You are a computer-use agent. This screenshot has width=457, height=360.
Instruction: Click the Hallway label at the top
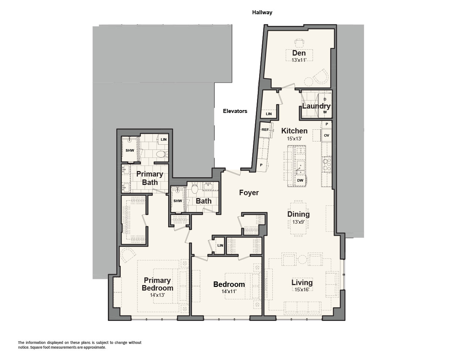pos(262,12)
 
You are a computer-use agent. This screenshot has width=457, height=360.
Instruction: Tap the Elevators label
pos(235,111)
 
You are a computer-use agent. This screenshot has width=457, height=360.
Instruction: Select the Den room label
pos(299,53)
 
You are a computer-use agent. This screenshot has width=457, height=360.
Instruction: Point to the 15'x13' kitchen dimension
pos(294,139)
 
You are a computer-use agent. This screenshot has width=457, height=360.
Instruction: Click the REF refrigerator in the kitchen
pos(265,129)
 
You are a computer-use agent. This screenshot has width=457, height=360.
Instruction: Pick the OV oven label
pos(326,135)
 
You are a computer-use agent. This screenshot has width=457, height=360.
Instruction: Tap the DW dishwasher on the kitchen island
pos(300,181)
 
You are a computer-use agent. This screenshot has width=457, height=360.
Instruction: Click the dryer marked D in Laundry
pos(325,99)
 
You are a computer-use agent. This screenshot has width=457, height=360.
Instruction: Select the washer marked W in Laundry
pos(325,112)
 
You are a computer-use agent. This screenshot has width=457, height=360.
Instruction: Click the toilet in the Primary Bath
pos(162,154)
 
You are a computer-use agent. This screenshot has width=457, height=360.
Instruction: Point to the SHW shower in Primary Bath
pos(130,150)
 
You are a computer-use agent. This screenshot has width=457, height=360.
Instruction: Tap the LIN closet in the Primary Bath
pos(163,140)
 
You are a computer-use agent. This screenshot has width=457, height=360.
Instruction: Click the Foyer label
pos(249,193)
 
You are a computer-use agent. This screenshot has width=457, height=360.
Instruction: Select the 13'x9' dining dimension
pos(298,222)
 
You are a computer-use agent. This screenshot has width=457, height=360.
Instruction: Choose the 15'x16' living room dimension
pos(302,289)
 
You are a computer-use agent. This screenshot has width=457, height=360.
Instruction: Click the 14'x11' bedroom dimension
pos(229,291)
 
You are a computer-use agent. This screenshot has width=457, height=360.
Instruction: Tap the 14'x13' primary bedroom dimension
pos(157,295)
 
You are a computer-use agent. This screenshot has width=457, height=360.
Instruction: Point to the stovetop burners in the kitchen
pos(327,164)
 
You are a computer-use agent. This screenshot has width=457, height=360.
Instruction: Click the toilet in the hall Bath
pos(194,189)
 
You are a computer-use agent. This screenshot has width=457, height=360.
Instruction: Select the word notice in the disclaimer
pos(23,348)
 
